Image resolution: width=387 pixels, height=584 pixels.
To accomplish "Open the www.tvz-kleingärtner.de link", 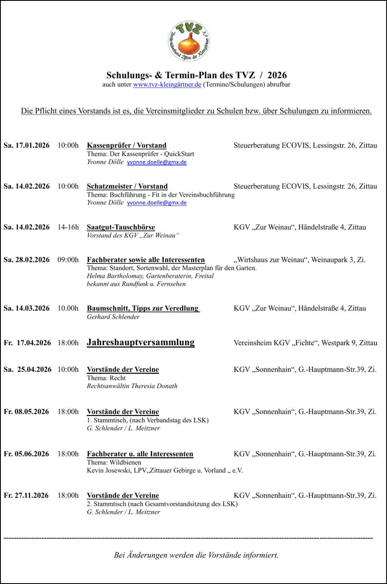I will [167, 85].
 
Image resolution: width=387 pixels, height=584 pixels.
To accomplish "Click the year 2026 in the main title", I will [277, 75].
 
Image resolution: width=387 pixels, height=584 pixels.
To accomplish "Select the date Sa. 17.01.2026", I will [27, 145].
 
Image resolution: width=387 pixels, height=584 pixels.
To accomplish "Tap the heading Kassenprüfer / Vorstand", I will [127, 145].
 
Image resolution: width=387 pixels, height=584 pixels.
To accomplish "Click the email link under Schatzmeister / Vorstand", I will [157, 203].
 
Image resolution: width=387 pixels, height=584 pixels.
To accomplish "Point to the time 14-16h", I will [68, 227].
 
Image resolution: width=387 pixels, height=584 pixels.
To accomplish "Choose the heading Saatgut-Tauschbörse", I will [121, 227].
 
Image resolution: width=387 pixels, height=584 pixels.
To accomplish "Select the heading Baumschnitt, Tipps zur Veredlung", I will [143, 308].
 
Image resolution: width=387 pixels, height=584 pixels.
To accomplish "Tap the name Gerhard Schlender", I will [113, 317].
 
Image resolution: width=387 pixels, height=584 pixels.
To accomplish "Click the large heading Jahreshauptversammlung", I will [141, 343].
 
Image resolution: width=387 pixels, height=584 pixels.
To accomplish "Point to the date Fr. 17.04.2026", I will [27, 343].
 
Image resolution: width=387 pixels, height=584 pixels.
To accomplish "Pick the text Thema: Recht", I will [106, 378].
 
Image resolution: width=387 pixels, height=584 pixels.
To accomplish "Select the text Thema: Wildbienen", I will [114, 462].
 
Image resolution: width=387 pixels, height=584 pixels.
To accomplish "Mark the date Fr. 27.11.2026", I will [26, 496].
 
